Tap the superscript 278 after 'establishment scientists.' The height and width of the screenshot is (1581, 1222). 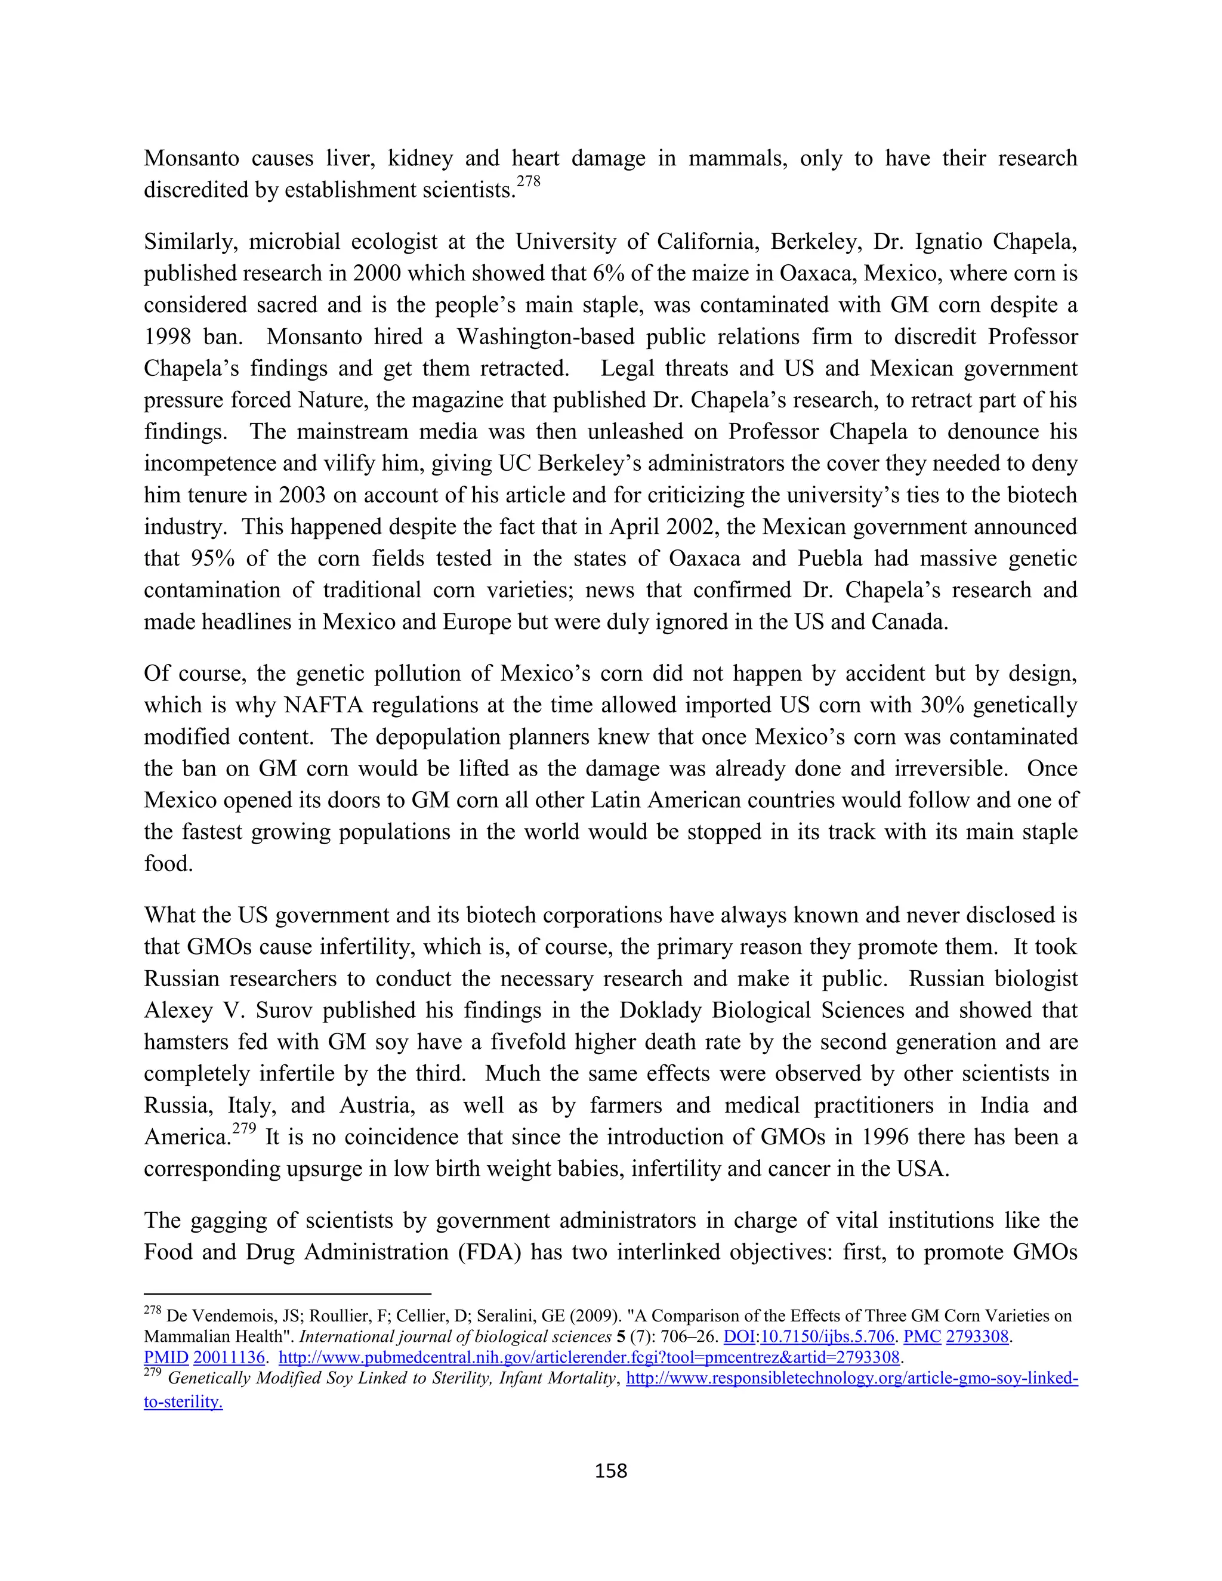tap(529, 182)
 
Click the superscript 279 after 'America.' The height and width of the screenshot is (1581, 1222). tap(245, 1129)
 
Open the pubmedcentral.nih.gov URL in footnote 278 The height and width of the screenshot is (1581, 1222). tap(588, 1357)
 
